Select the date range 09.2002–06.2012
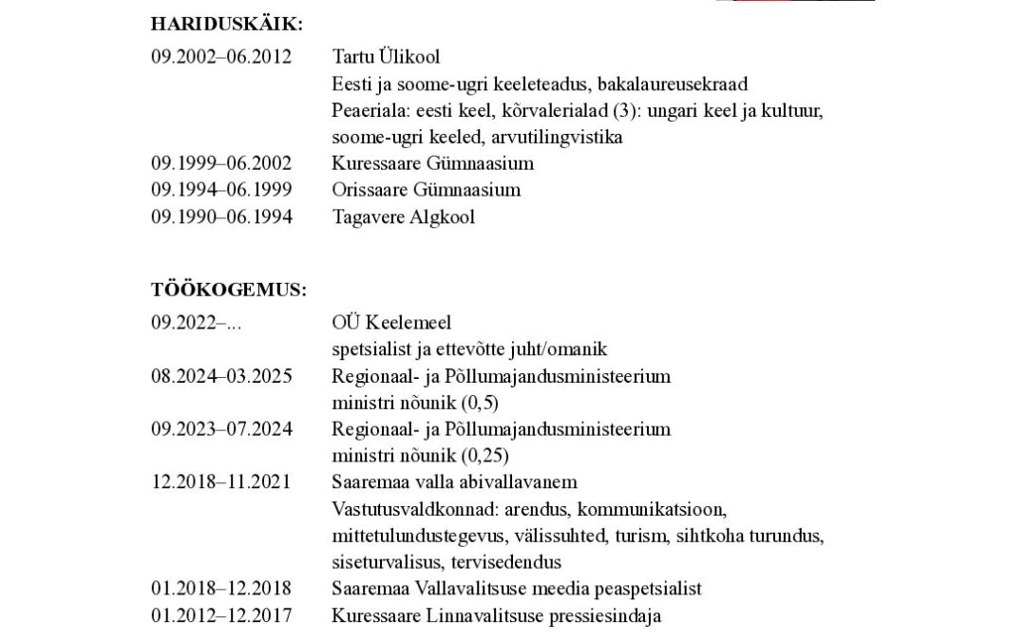[x=221, y=56]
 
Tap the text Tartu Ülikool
[x=386, y=56]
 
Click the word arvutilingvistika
[x=562, y=137]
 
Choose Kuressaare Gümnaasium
[x=432, y=162]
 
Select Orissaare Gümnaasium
[x=427, y=189]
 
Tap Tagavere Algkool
[x=403, y=217]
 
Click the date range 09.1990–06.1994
[x=221, y=217]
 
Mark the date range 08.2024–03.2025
[x=221, y=376]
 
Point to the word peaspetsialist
[x=648, y=588]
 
